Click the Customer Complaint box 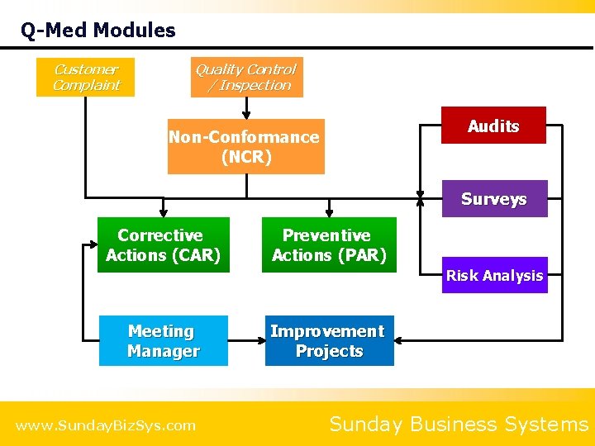(85, 77)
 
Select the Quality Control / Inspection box (246, 78)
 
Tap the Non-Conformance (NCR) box (245, 147)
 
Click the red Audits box (493, 126)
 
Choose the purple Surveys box (494, 199)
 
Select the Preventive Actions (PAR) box (329, 245)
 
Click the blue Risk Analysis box (494, 276)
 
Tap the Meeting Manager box (164, 341)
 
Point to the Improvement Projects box (329, 341)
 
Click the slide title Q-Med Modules (98, 31)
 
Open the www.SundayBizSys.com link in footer (106, 425)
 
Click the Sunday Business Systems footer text (458, 425)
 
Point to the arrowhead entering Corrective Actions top (164, 212)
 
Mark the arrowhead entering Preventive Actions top (329, 212)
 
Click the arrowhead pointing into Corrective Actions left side (92, 245)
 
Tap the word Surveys (494, 199)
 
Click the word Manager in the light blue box (164, 351)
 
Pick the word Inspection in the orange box (255, 85)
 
